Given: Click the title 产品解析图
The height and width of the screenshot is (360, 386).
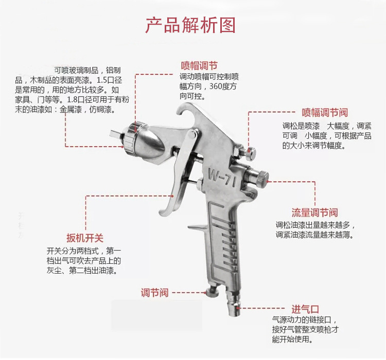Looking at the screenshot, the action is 190,25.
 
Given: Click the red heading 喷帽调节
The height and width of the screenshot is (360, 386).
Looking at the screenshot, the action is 199,66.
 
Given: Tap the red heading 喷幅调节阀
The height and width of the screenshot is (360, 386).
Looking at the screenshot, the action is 325,113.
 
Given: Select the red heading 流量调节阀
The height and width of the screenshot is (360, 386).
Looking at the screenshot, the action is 314,212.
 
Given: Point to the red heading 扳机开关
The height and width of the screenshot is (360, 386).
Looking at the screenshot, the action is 85,238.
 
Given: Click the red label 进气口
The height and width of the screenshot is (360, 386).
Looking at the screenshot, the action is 305,309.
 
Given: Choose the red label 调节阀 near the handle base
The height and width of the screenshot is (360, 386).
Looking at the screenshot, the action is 154,293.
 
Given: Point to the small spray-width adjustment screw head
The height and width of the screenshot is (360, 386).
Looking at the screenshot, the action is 252,152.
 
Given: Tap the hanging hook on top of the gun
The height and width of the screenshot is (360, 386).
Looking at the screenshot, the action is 189,111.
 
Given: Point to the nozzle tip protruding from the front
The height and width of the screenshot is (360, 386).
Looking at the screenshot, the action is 116,135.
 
